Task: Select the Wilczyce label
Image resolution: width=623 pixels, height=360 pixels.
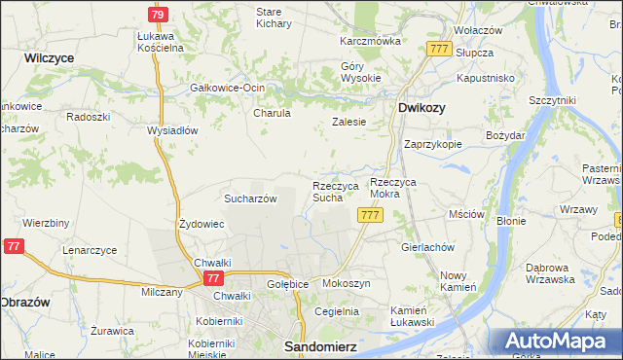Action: click(50, 58)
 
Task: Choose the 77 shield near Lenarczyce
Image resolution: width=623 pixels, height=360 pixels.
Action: click(13, 246)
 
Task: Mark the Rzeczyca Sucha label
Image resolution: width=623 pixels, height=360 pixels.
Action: click(335, 192)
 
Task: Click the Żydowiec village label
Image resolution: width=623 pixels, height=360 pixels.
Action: click(202, 224)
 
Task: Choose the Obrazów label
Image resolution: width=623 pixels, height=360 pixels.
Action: click(26, 300)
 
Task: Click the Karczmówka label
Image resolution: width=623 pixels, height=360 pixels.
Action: click(370, 42)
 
